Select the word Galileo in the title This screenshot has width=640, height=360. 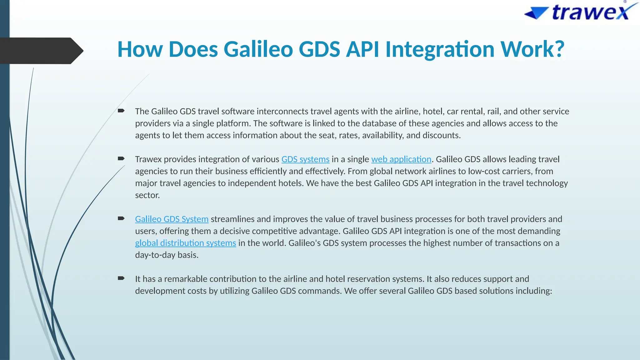pyautogui.click(x=258, y=49)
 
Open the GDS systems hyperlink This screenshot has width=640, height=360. pyautogui.click(x=305, y=159)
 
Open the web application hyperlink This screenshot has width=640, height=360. pyautogui.click(x=401, y=159)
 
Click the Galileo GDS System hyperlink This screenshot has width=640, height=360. pyautogui.click(x=172, y=219)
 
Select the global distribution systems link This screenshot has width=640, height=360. pyautogui.click(x=185, y=243)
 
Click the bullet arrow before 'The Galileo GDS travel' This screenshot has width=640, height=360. pyautogui.click(x=121, y=111)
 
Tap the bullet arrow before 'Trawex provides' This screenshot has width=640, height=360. pyautogui.click(x=121, y=158)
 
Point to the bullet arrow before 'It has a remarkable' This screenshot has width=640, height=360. pyautogui.click(x=121, y=278)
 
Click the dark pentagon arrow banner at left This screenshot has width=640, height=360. pyautogui.click(x=41, y=51)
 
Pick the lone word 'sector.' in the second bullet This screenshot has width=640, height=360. pyautogui.click(x=147, y=195)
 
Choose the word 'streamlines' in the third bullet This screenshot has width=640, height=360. pyautogui.click(x=232, y=219)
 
